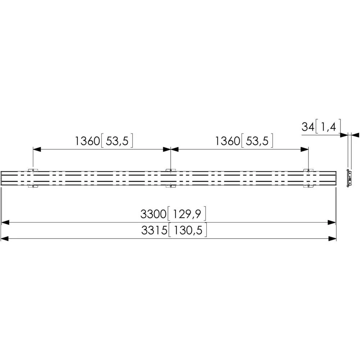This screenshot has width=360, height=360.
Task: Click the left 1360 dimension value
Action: click(x=87, y=141)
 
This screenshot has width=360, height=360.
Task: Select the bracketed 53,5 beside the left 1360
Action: click(x=117, y=141)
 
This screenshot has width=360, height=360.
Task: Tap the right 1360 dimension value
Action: click(x=228, y=141)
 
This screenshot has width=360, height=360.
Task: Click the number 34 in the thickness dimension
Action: click(x=307, y=127)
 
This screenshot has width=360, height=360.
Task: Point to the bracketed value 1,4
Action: click(x=327, y=127)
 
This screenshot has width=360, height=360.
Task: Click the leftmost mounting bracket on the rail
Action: click(x=33, y=178)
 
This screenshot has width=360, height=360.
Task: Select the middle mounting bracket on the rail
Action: click(x=170, y=178)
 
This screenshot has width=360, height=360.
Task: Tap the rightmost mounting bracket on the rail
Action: click(x=308, y=178)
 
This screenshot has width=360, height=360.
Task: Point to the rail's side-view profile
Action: click(x=348, y=178)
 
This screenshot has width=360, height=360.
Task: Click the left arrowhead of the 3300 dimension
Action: click(x=5, y=223)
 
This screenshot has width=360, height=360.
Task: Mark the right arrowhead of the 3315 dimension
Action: click(x=333, y=238)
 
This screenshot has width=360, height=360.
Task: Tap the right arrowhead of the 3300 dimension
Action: click(x=332, y=223)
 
